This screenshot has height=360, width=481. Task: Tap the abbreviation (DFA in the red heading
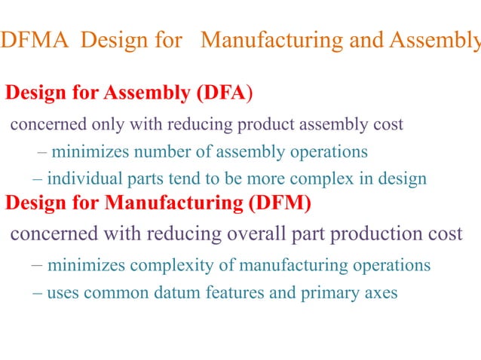pos(221,93)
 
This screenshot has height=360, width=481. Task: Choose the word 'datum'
pos(192,293)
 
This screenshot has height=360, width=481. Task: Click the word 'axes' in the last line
pos(381,293)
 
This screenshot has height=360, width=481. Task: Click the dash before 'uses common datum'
pos(37,293)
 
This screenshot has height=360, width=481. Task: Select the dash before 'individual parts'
pos(38,179)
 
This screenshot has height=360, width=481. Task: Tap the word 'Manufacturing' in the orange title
pos(271,39)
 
